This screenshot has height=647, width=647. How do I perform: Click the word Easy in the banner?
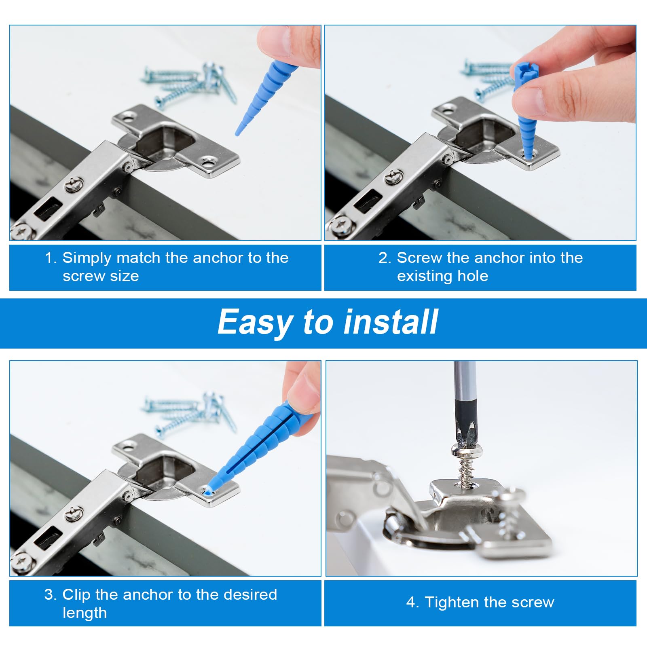tap(256, 323)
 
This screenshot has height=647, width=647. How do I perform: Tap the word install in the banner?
tap(391, 322)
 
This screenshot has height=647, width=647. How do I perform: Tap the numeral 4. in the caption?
tap(413, 603)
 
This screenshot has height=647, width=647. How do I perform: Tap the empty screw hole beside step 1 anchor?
tap(209, 163)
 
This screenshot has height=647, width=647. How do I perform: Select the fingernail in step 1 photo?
tap(277, 40)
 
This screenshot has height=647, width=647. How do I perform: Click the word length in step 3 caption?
tap(85, 613)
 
